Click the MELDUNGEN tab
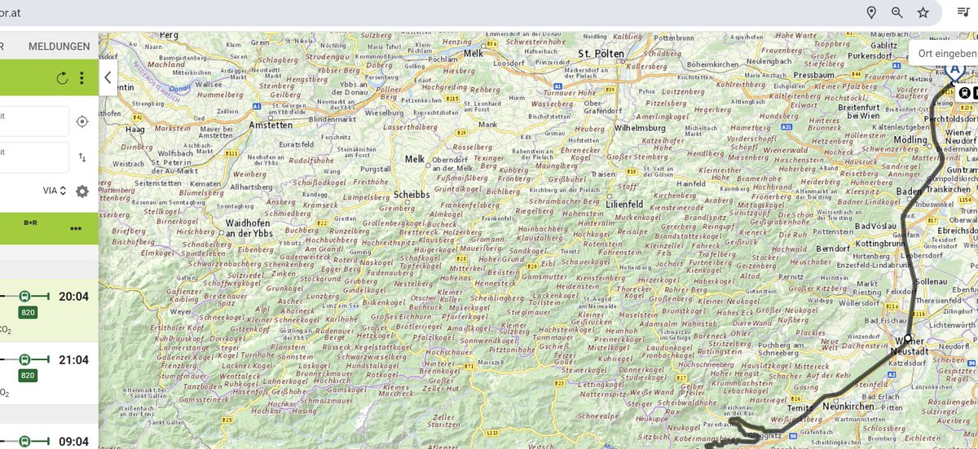(59, 46)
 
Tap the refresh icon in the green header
(63, 78)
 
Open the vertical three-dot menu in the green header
(81, 78)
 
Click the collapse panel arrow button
(107, 78)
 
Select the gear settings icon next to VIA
(82, 191)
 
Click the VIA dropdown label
(54, 191)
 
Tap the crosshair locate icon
(81, 121)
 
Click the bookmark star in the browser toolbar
(923, 12)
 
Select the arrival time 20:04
(73, 296)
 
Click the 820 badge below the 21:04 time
(28, 376)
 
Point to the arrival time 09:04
(73, 442)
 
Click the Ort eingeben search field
(945, 53)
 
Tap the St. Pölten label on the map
(601, 54)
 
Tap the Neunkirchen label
(848, 405)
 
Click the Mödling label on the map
(910, 139)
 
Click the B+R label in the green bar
(31, 222)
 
